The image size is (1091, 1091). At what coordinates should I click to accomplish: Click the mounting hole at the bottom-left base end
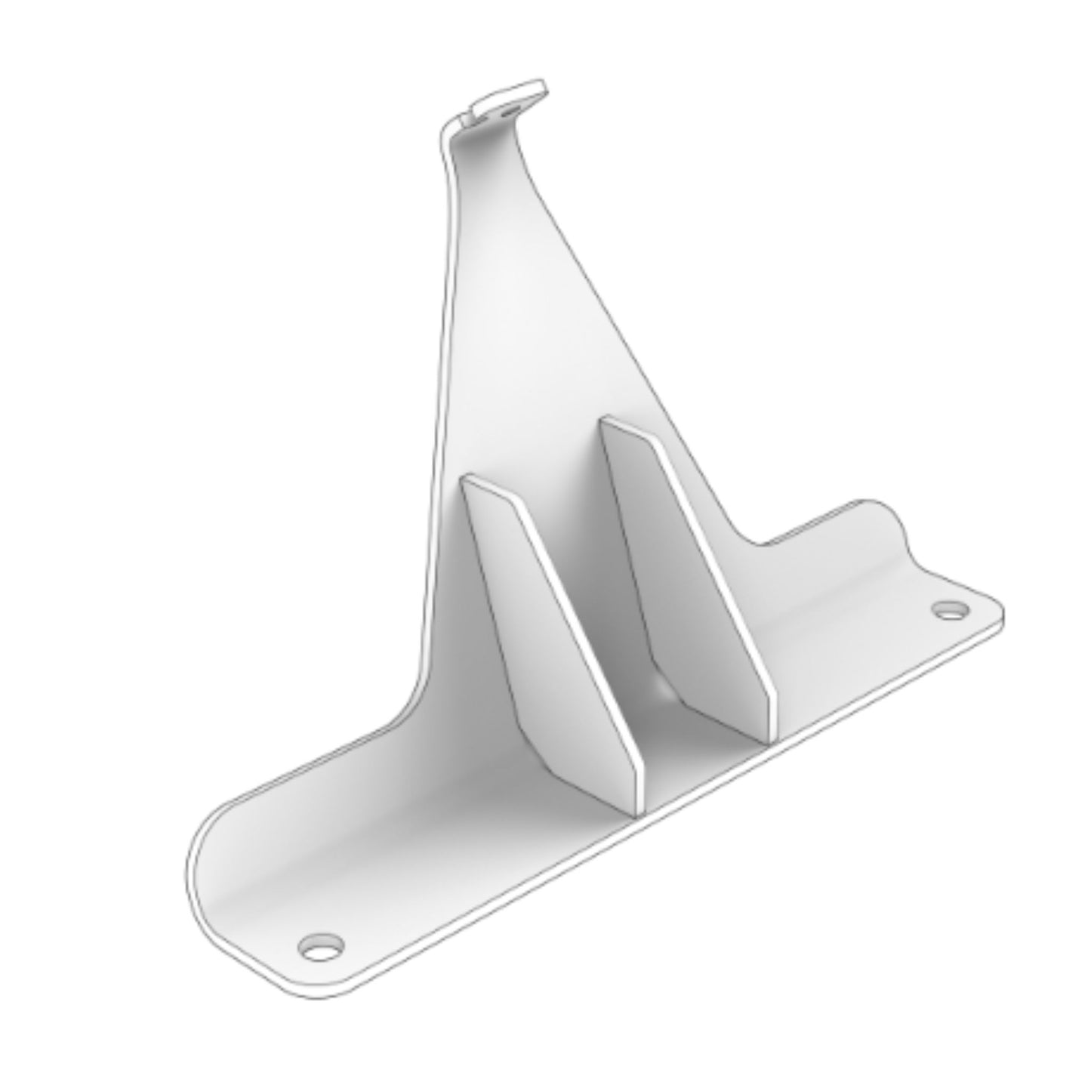[x=321, y=948]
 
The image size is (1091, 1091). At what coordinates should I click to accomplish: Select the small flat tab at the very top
[x=507, y=97]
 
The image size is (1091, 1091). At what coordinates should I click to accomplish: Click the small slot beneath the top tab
[x=511, y=112]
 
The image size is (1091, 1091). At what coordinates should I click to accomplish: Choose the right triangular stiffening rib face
[x=664, y=559]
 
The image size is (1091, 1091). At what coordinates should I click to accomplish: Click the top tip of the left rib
[x=470, y=478]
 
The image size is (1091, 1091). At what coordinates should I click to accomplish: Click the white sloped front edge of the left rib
[x=574, y=642]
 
